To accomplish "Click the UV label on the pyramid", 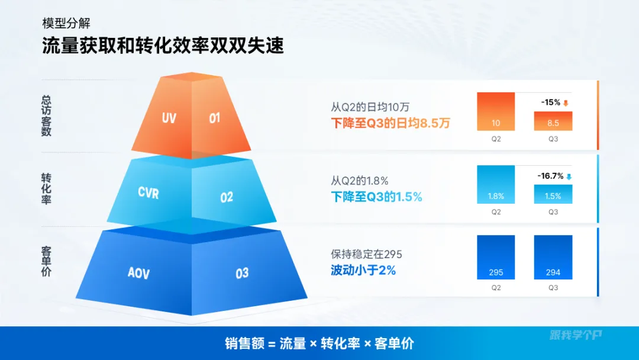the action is coord(169,118).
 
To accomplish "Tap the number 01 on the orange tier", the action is coord(214,118).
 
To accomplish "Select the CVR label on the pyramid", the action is coord(149,192).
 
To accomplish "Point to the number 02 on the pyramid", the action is coord(227,197).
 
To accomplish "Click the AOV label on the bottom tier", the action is coord(138,273).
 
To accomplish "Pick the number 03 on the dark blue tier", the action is coord(242,273).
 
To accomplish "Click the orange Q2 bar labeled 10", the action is coord(496,111).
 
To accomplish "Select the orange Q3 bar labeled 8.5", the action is coord(553,121).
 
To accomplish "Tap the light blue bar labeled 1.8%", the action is coord(496,184).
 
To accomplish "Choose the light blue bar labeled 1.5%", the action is coord(553,194).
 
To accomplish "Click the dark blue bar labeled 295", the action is coord(496,257).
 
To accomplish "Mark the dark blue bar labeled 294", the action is coord(553,257).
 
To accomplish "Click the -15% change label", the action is coord(551,102).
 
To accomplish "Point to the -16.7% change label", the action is coord(551,176).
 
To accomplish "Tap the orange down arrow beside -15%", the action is coord(566,103).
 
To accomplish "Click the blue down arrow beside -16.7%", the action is coord(569,176).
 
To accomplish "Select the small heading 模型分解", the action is coord(66,23).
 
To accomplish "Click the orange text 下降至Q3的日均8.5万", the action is coord(390,123).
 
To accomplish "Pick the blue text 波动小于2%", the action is coord(363,271).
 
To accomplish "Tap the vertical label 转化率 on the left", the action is coord(46,189).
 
